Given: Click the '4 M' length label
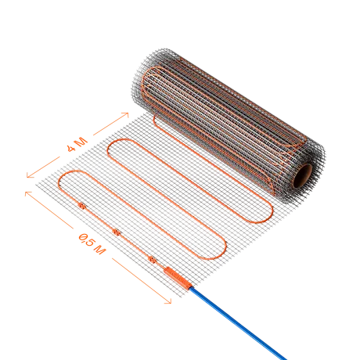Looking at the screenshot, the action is tap(77, 145).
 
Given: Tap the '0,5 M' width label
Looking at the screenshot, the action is tap(92, 244).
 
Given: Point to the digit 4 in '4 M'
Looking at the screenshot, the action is tap(71, 149).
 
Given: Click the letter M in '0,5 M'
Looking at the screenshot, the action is tap(100, 250).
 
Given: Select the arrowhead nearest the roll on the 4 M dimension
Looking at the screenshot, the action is tap(125, 114).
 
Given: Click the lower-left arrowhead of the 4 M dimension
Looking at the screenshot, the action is tap(30, 175).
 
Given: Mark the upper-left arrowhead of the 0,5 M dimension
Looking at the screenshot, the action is tap(27, 193).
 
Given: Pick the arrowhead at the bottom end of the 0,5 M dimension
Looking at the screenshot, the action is tap(168, 301).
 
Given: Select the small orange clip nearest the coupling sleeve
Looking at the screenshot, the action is tap(152, 259).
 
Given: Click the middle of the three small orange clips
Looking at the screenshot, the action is tap(117, 232).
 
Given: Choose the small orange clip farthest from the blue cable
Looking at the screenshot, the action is tap(82, 206).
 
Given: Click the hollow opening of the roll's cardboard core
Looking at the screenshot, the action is tap(303, 176).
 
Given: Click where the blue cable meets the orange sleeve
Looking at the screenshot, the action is tap(191, 287).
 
